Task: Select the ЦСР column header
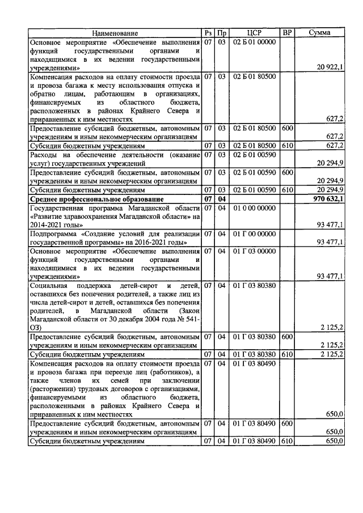click(x=254, y=33)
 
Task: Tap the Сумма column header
click(x=319, y=33)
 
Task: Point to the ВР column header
click(x=288, y=33)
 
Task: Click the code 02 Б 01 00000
click(x=254, y=43)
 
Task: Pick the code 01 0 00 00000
click(x=254, y=209)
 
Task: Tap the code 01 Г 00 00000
click(x=254, y=234)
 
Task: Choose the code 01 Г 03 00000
click(x=254, y=251)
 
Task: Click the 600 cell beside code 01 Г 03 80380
click(x=288, y=337)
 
